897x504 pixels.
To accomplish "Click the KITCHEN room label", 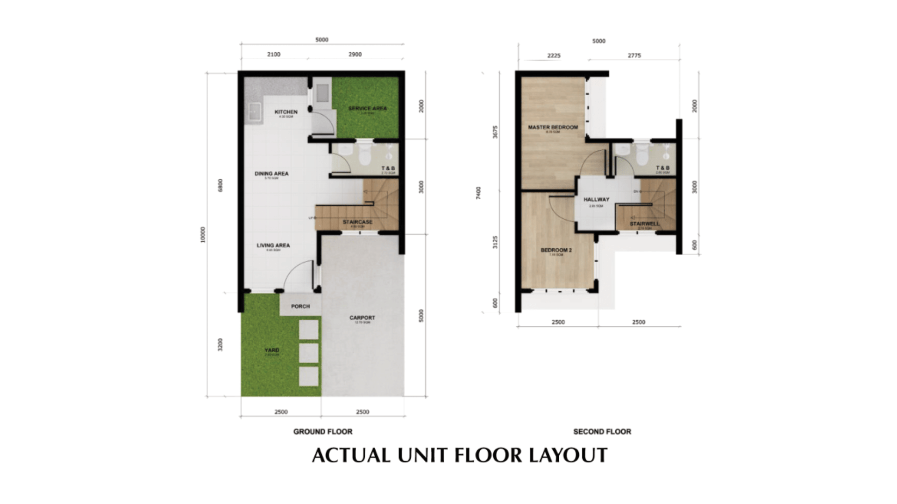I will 285,112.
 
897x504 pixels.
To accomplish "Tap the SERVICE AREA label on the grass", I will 367,108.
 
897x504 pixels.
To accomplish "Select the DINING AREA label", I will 271,174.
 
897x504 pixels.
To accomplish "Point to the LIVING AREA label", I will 273,245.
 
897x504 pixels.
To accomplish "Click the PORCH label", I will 300,307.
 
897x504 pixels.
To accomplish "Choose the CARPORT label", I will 362,318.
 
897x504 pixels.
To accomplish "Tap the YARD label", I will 271,350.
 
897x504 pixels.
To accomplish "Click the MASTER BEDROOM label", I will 553,127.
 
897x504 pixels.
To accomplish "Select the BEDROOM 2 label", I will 556,250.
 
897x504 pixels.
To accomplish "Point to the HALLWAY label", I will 596,200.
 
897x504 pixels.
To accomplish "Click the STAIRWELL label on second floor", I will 645,224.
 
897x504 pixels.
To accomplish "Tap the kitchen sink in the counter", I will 255,112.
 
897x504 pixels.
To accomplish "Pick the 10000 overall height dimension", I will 203,235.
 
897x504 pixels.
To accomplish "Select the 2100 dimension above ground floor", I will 274,55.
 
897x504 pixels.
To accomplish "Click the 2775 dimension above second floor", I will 634,56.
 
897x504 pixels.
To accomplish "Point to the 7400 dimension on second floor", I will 478,192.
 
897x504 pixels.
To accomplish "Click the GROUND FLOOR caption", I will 323,432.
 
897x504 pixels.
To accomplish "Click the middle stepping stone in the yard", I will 308,353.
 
